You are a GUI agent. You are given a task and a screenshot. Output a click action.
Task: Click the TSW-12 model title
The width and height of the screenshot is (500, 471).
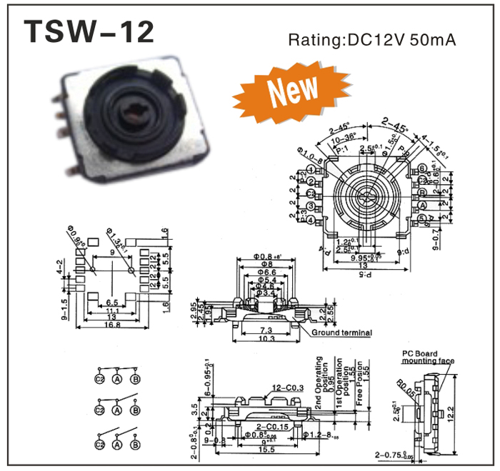tap(89, 32)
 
